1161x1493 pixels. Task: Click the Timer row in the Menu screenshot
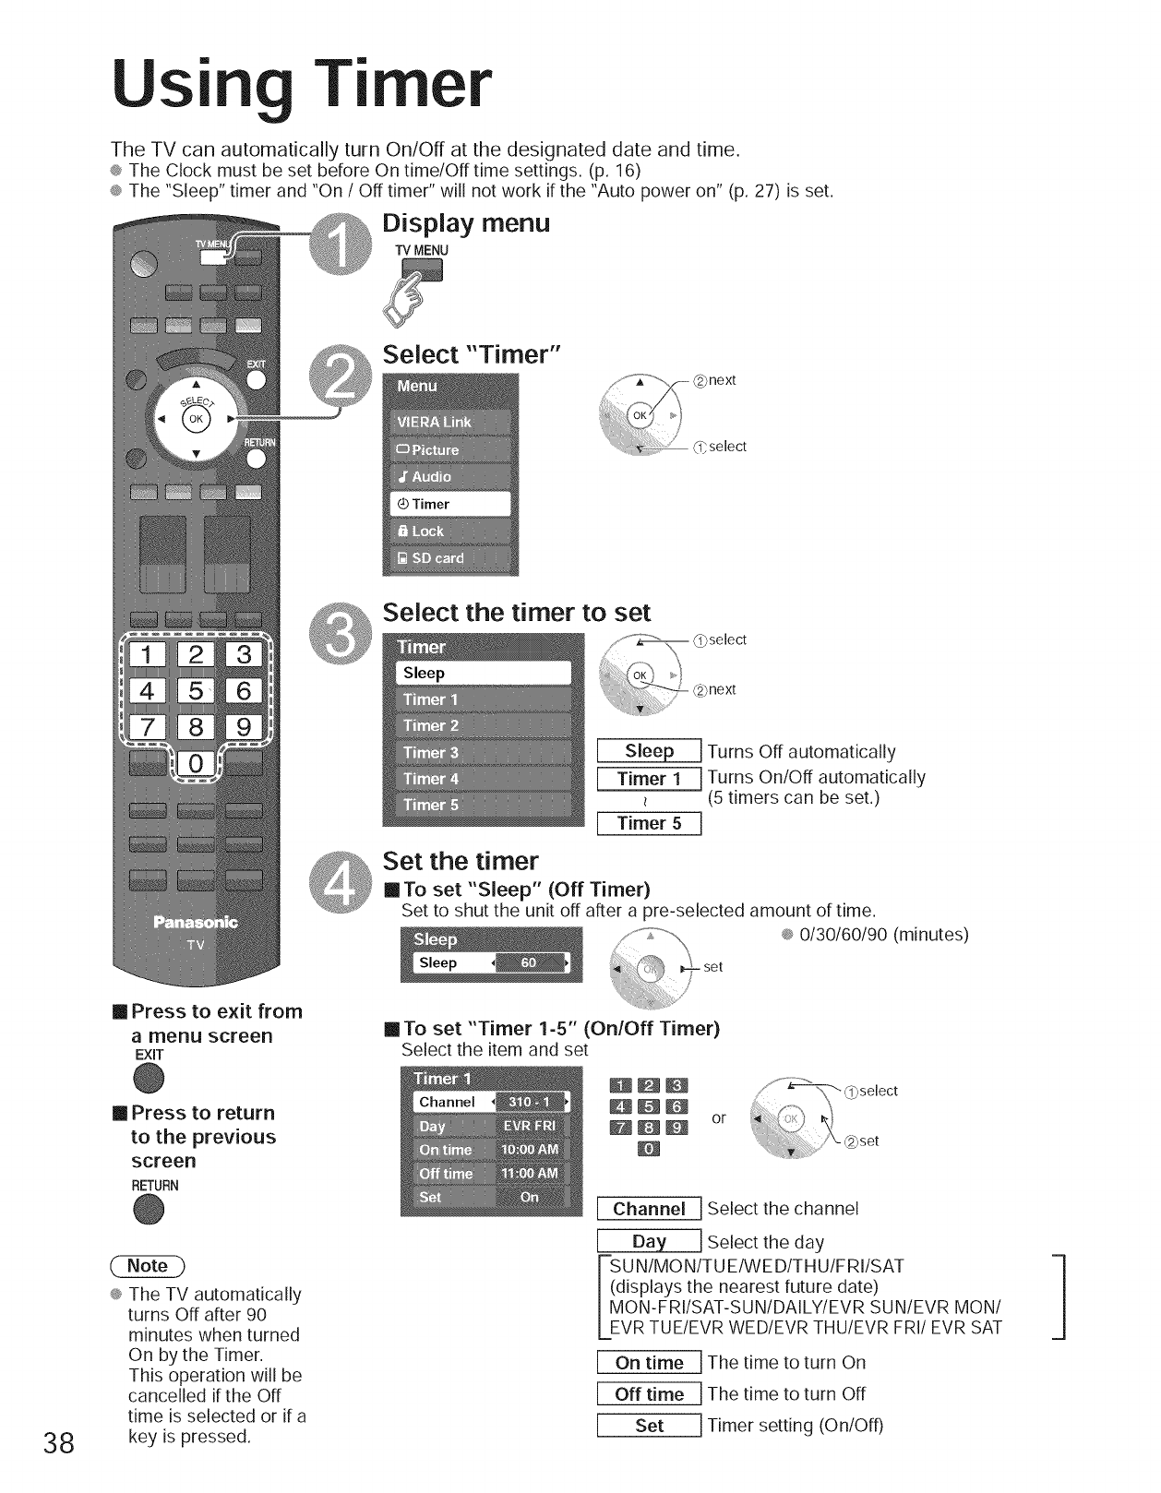pos(450,504)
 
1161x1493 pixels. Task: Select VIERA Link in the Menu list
pos(450,423)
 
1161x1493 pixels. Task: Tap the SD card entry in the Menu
pos(450,558)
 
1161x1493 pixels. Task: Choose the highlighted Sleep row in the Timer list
pos(484,674)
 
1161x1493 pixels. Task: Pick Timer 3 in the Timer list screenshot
pos(484,753)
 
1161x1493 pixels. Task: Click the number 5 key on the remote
pos(196,690)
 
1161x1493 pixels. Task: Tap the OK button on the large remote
pos(196,419)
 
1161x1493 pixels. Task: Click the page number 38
pos(58,1443)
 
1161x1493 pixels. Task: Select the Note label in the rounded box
pos(148,1266)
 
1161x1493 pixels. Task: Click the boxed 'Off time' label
pos(650,1394)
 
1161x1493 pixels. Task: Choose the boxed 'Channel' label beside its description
pos(650,1209)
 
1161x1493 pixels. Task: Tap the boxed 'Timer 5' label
pos(650,823)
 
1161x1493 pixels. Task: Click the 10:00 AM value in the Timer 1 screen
pos(530,1150)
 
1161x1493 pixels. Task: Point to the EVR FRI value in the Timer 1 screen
pos(530,1127)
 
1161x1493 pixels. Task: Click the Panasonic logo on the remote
pos(196,922)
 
